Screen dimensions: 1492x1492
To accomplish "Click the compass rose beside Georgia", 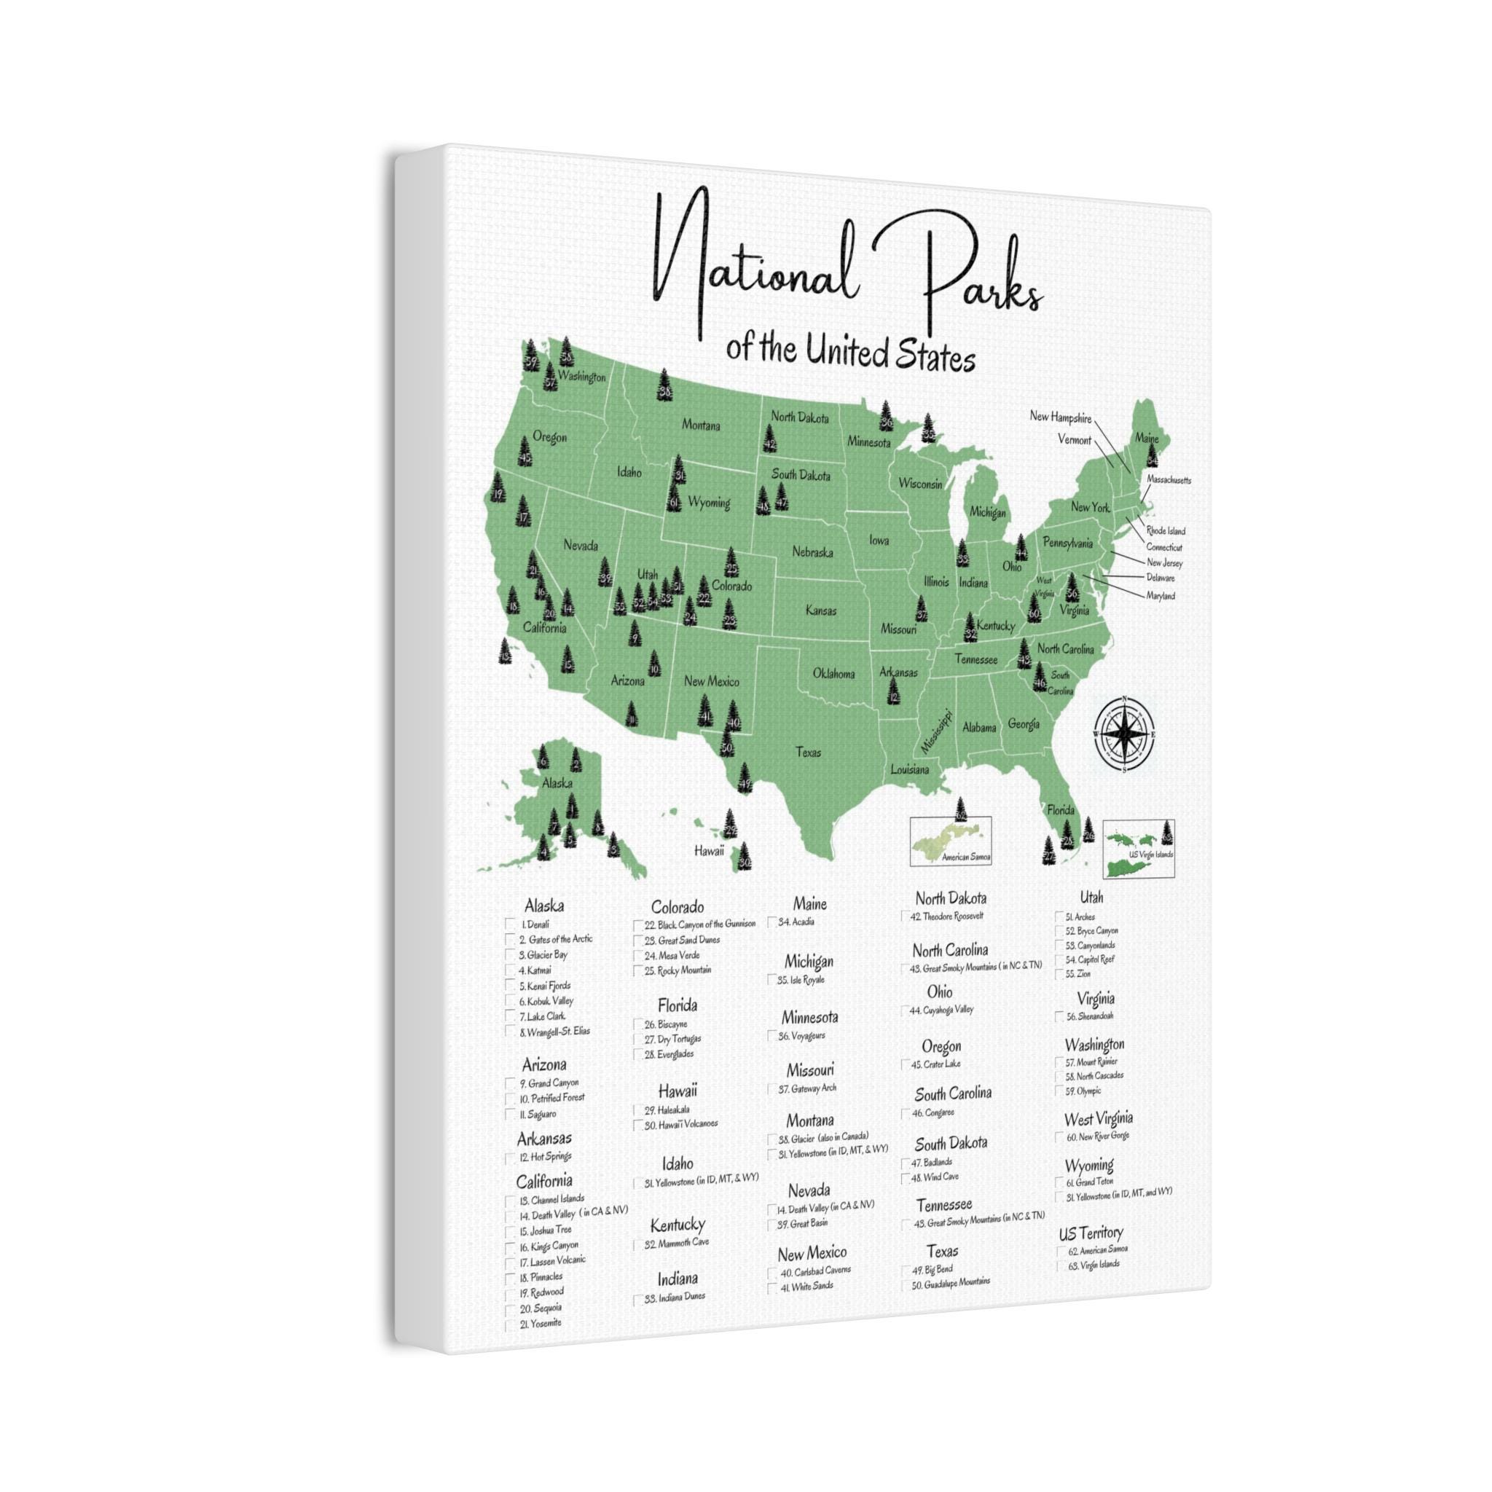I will [x=1123, y=734].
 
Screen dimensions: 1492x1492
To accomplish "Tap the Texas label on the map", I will [x=808, y=752].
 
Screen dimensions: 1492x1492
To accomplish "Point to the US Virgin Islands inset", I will [x=1139, y=848].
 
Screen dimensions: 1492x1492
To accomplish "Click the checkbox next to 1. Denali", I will [x=511, y=924].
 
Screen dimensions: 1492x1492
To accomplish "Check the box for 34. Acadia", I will [x=772, y=922].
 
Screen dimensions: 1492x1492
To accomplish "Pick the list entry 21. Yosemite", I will [x=540, y=1323].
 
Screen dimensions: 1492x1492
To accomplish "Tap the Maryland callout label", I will [x=1160, y=596].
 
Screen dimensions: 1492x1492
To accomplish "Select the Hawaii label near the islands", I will [x=708, y=850].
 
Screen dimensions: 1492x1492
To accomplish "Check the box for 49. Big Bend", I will [x=905, y=1271].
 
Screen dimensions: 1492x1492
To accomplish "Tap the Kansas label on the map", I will [x=821, y=610].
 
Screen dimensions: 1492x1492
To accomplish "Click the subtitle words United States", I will [x=889, y=356].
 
